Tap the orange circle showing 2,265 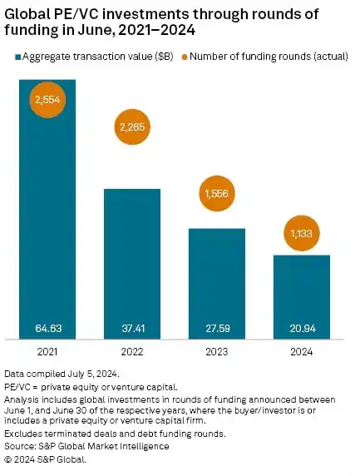(x=132, y=127)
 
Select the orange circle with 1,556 (x=217, y=193)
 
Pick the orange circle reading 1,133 (x=302, y=234)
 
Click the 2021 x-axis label (x=47, y=352)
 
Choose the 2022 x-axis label (x=132, y=352)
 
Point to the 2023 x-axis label (x=217, y=352)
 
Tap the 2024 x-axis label (x=302, y=352)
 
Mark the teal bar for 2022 (x=132, y=258)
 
